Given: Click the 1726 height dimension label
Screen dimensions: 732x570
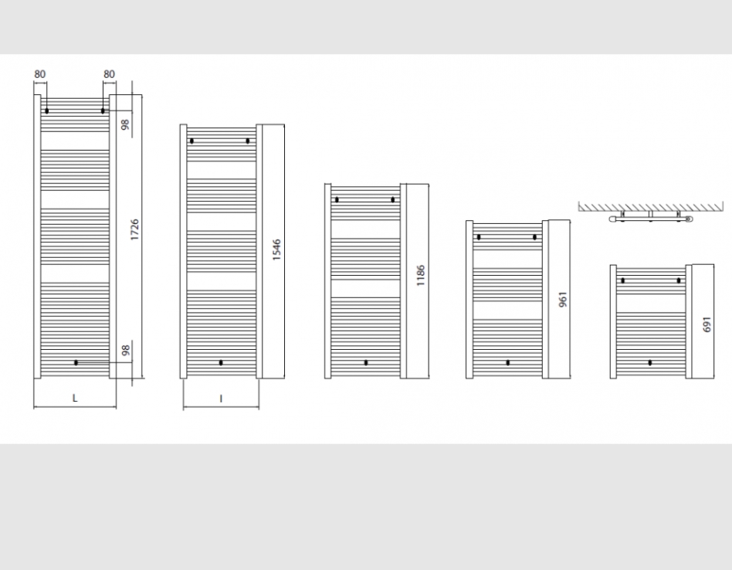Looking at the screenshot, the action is click(x=135, y=229).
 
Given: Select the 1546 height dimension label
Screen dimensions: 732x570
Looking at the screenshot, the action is click(x=277, y=249).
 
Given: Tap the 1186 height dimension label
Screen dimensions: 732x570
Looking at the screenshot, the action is click(x=421, y=276).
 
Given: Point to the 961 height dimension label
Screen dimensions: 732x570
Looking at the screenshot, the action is click(x=563, y=299).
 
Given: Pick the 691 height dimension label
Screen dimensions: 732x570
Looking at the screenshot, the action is click(x=707, y=324).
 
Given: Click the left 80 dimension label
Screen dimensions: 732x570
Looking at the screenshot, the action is click(x=40, y=74).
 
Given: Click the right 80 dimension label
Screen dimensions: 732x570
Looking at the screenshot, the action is click(x=109, y=74).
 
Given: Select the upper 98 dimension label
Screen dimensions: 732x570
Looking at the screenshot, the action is click(x=126, y=124).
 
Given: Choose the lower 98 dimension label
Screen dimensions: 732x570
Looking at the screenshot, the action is click(x=126, y=350).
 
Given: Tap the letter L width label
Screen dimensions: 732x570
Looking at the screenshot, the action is click(x=75, y=399).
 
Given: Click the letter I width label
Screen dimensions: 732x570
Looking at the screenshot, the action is click(x=221, y=399).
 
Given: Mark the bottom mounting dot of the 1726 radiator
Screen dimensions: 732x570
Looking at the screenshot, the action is click(x=76, y=363).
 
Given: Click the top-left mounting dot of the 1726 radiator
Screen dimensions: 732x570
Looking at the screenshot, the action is click(x=46, y=111).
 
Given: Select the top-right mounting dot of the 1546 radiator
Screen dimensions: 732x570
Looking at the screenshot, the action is click(x=247, y=141).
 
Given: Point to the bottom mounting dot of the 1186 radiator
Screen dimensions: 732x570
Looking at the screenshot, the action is click(x=366, y=363).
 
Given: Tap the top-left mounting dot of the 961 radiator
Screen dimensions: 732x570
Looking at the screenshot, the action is click(x=479, y=237).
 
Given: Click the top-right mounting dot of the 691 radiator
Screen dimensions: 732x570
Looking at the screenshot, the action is click(x=679, y=280).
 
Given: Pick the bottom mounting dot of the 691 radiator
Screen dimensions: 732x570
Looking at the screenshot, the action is click(x=650, y=363).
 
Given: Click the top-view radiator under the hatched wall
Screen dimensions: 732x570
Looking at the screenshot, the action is click(x=651, y=218).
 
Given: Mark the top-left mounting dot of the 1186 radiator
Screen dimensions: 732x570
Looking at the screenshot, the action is click(x=337, y=200).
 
